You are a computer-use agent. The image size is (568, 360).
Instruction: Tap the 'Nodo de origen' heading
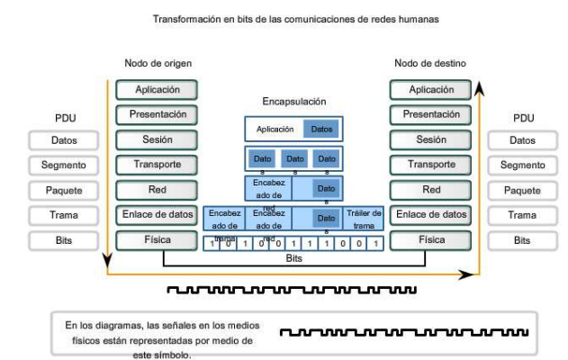[x=158, y=63]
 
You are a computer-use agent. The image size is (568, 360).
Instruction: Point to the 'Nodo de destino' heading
[x=430, y=63]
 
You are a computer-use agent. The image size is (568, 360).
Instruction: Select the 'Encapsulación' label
[x=293, y=103]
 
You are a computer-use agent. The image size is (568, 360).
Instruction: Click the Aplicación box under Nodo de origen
[x=158, y=90]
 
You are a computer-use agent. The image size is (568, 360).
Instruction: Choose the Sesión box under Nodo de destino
[x=430, y=140]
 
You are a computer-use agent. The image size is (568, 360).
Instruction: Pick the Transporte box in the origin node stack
[x=158, y=166]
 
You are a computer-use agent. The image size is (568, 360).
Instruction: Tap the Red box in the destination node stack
[x=430, y=191]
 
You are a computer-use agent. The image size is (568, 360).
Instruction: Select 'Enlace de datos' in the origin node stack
[x=158, y=215]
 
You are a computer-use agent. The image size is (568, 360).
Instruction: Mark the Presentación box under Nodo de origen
[x=158, y=115]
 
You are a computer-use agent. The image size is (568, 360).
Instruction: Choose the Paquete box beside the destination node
[x=522, y=191]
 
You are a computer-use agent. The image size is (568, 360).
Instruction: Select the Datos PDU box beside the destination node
[x=522, y=140]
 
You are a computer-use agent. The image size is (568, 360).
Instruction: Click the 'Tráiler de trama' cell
[x=365, y=218]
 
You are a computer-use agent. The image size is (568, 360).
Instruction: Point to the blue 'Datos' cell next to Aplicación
[x=321, y=130]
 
